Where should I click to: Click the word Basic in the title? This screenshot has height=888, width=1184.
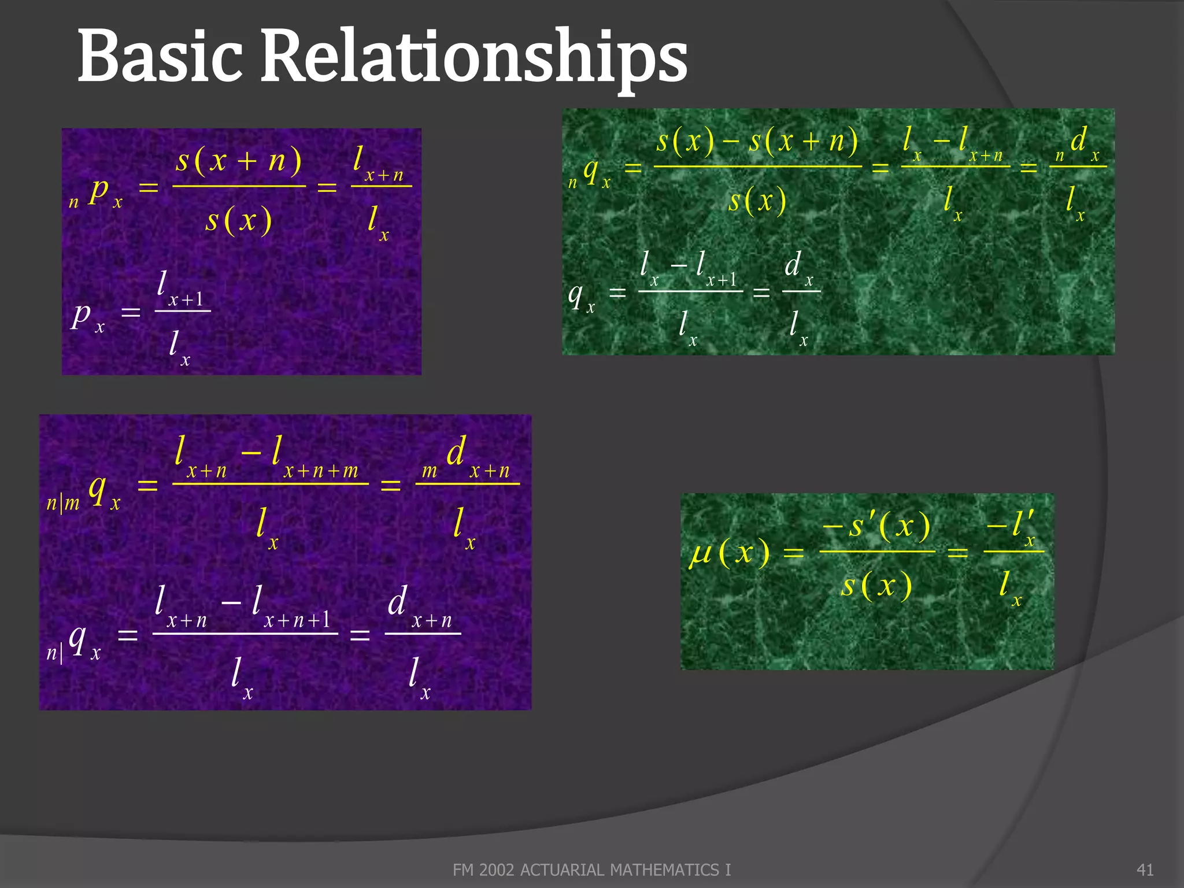pyautogui.click(x=160, y=57)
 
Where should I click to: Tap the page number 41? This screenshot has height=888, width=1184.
pyautogui.click(x=1145, y=869)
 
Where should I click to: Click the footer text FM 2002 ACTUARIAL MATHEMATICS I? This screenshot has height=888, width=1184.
pyautogui.click(x=591, y=869)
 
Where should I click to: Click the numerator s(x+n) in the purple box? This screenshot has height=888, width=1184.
pyautogui.click(x=239, y=160)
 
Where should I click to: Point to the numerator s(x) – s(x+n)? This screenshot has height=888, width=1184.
pyautogui.click(x=757, y=141)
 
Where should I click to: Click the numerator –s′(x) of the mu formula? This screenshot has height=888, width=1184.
pyautogui.click(x=876, y=526)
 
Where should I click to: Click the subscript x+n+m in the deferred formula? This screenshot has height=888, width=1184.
pyautogui.click(x=321, y=471)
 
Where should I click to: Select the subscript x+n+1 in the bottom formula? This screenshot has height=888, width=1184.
pyautogui.click(x=297, y=620)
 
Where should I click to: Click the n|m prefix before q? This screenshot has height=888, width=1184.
pyautogui.click(x=62, y=503)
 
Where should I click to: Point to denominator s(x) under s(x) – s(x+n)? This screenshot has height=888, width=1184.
pyautogui.click(x=757, y=201)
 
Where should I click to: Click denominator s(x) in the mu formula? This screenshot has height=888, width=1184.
pyautogui.click(x=876, y=585)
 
